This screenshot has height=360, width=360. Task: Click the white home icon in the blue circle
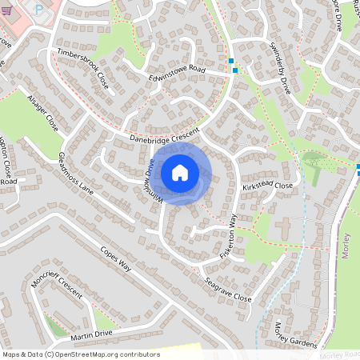click(x=180, y=172)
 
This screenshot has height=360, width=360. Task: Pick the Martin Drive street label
click(x=90, y=335)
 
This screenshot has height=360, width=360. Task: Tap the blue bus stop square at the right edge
click(x=358, y=169)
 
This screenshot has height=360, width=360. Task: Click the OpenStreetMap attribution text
click(x=81, y=354)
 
